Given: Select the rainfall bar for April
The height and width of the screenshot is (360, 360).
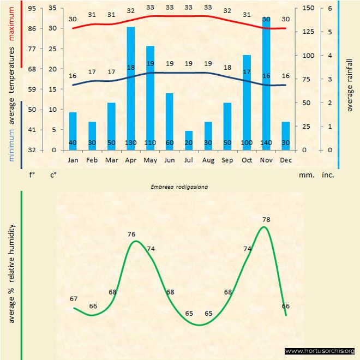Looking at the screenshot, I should pos(131,87).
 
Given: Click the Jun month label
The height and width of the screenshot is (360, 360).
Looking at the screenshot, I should pos(169,160).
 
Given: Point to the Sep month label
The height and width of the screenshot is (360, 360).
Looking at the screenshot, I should pos(227,160).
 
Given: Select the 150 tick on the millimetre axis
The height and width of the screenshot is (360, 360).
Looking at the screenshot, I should pos(308,8).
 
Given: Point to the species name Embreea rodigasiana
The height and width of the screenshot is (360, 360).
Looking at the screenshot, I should pos(180,186).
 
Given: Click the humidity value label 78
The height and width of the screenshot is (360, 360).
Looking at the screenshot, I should pos(266,220).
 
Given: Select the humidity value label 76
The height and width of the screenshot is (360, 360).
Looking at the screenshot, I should pos(131,234).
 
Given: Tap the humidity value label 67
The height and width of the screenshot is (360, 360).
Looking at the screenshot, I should pos(74,299).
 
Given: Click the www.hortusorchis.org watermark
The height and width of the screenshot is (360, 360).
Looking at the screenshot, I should pos(320,351).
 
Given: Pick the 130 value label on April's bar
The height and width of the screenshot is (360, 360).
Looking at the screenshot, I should pos(131,143).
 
